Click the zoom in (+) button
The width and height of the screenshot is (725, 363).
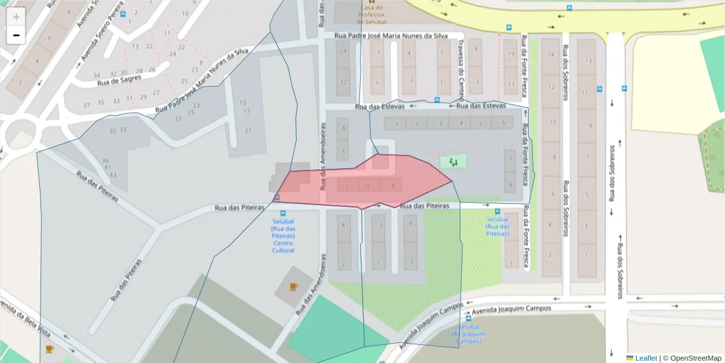point(16,16)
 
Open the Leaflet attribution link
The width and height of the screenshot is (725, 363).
point(645,358)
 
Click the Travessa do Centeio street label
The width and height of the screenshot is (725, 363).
point(460,67)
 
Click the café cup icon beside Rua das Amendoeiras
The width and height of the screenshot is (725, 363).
point(293,286)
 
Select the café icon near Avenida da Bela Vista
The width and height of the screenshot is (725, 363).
point(50,348)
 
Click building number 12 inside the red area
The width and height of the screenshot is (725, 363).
point(345,187)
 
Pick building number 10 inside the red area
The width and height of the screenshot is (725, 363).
point(367,186)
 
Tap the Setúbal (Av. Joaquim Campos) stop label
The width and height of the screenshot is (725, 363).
point(468,334)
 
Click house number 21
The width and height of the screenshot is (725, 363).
point(248,131)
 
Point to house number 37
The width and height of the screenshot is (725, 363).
point(86,105)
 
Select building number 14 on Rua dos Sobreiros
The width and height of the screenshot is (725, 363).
point(550,54)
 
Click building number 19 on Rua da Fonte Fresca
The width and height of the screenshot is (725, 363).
point(511,54)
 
